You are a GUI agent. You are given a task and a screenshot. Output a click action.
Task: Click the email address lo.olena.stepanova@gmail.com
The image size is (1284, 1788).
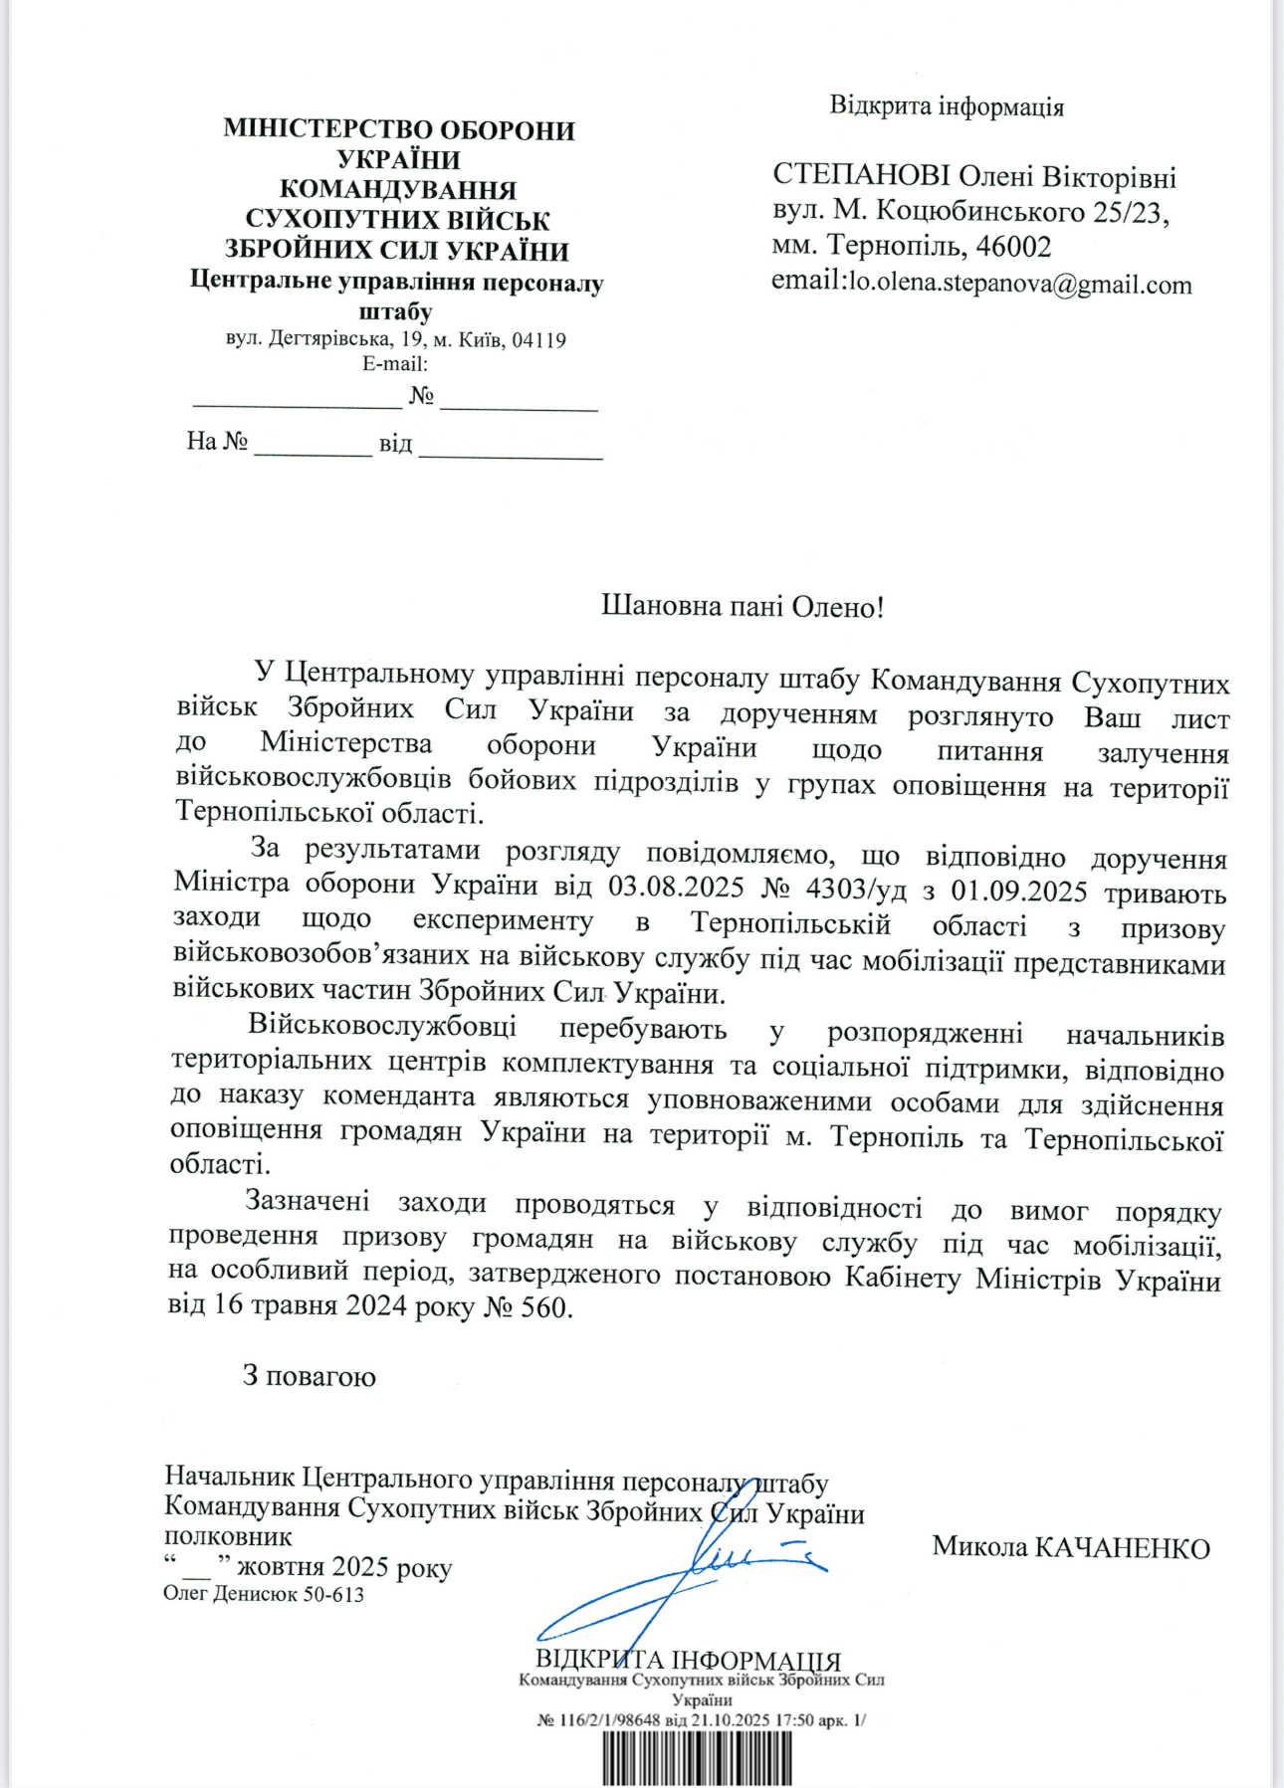(x=1018, y=285)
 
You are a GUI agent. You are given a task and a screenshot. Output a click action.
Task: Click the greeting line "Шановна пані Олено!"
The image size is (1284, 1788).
(x=742, y=606)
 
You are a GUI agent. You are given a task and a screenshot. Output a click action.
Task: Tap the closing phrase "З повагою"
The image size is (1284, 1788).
(x=309, y=1376)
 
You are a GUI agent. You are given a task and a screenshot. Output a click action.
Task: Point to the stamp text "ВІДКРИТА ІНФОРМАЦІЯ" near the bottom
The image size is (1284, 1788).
(x=688, y=1661)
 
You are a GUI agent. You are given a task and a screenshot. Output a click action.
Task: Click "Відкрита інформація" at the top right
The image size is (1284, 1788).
(x=947, y=106)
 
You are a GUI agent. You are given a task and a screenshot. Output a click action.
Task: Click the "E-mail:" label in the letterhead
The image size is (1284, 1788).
(x=395, y=363)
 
